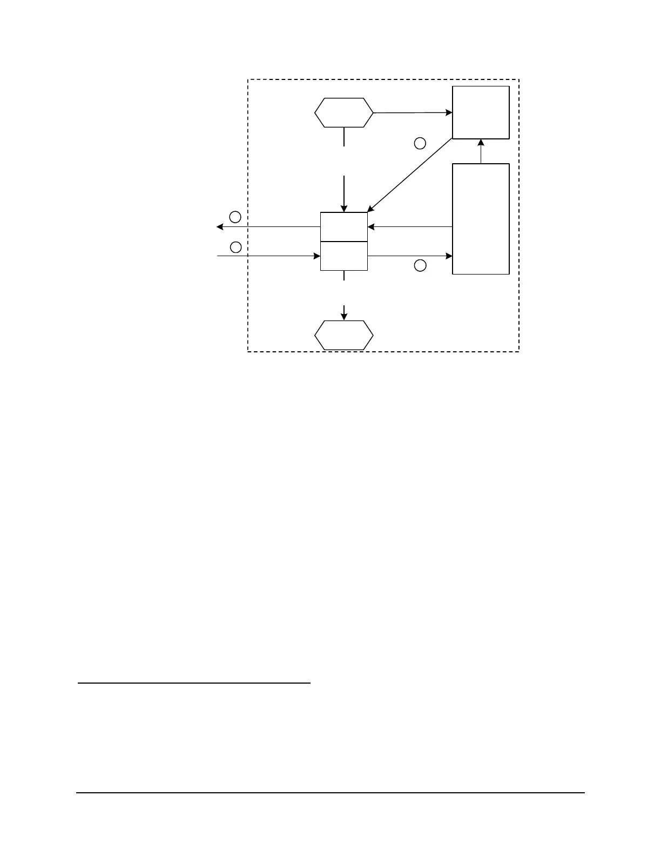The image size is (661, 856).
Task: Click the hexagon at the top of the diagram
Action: [343, 113]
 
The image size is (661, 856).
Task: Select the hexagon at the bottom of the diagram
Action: [343, 336]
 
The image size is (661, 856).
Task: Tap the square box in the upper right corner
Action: [481, 112]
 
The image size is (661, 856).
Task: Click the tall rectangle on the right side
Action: [481, 219]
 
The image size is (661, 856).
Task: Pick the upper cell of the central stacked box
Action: [343, 227]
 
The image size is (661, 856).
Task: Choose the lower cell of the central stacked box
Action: [343, 256]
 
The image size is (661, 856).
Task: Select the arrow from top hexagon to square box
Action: [413, 113]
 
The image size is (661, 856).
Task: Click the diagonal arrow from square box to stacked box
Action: [409, 175]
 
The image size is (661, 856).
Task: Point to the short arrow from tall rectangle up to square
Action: [481, 151]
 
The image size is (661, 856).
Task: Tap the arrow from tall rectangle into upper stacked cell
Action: [409, 227]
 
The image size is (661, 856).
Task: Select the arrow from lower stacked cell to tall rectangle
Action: [409, 256]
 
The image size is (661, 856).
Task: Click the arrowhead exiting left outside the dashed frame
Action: [220, 227]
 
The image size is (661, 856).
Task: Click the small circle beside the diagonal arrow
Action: [420, 143]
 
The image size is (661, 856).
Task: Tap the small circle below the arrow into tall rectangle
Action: [420, 265]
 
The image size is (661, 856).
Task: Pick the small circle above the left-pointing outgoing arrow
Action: [235, 217]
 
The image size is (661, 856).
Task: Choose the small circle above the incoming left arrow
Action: [235, 247]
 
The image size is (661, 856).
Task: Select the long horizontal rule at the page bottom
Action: [330, 793]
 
